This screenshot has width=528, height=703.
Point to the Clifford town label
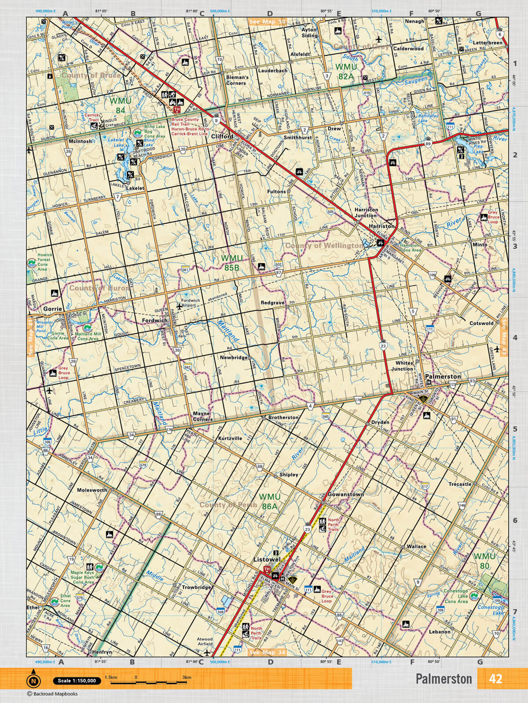[222, 137]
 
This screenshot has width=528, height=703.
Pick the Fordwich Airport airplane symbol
[179, 306]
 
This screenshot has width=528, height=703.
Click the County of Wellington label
[324, 246]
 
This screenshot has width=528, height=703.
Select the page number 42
[495, 678]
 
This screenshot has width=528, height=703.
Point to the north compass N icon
[33, 681]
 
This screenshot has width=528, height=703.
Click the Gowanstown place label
[346, 494]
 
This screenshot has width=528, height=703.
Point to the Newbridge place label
[234, 358]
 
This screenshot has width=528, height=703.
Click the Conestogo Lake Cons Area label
[456, 596]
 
